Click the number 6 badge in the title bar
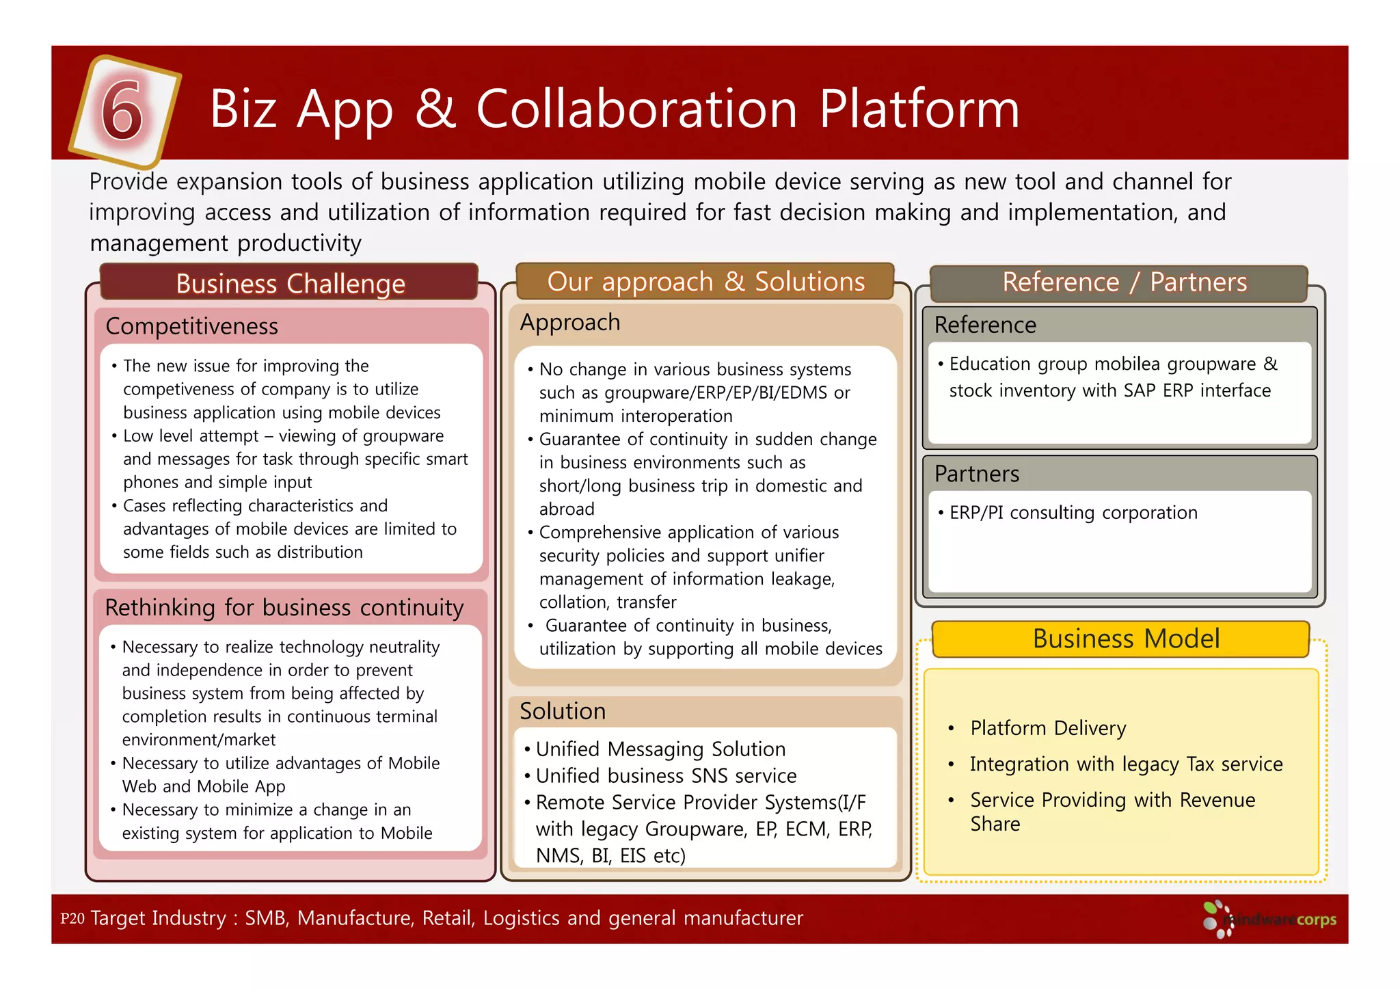tap(124, 111)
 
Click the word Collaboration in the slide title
tap(636, 109)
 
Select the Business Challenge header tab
tap(290, 283)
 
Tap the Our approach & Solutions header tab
tap(705, 282)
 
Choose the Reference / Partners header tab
tap(1124, 282)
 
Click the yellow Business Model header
tap(1125, 639)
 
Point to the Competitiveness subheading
tap(192, 326)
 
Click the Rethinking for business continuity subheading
tap(284, 607)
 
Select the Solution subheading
tap(563, 711)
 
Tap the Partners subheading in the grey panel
tap(976, 474)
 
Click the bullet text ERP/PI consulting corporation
tap(1073, 513)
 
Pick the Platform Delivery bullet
tap(1047, 728)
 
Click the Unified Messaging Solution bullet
tap(660, 749)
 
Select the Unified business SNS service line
tap(665, 776)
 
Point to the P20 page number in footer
tap(72, 918)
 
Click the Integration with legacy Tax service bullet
tap(1125, 764)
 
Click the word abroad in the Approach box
tap(567, 509)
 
